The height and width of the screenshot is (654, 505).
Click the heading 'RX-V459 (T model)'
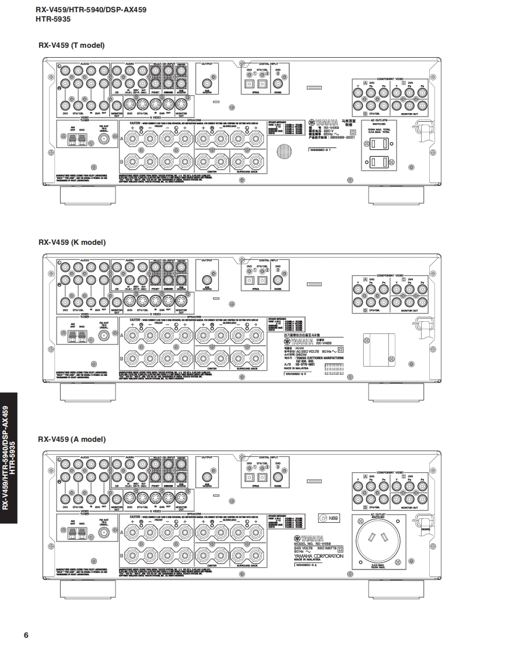[71, 45]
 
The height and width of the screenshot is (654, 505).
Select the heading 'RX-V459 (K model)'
[72, 242]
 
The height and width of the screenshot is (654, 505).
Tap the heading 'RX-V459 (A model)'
[72, 439]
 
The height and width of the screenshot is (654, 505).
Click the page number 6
[26, 635]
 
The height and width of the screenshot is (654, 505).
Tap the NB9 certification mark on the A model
[330, 518]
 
